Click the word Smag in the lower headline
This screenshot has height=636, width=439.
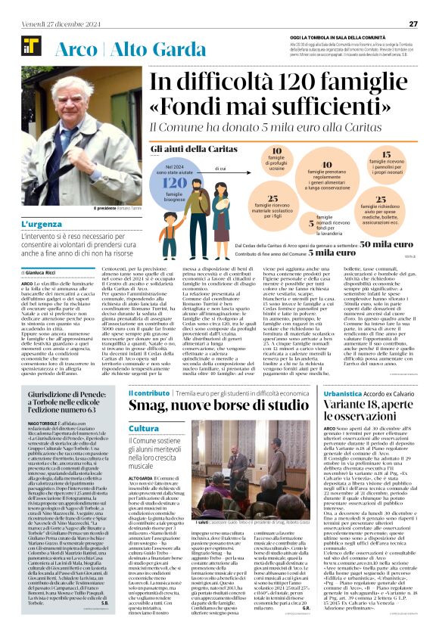tap(145, 408)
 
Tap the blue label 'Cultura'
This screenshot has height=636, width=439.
tap(144, 429)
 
